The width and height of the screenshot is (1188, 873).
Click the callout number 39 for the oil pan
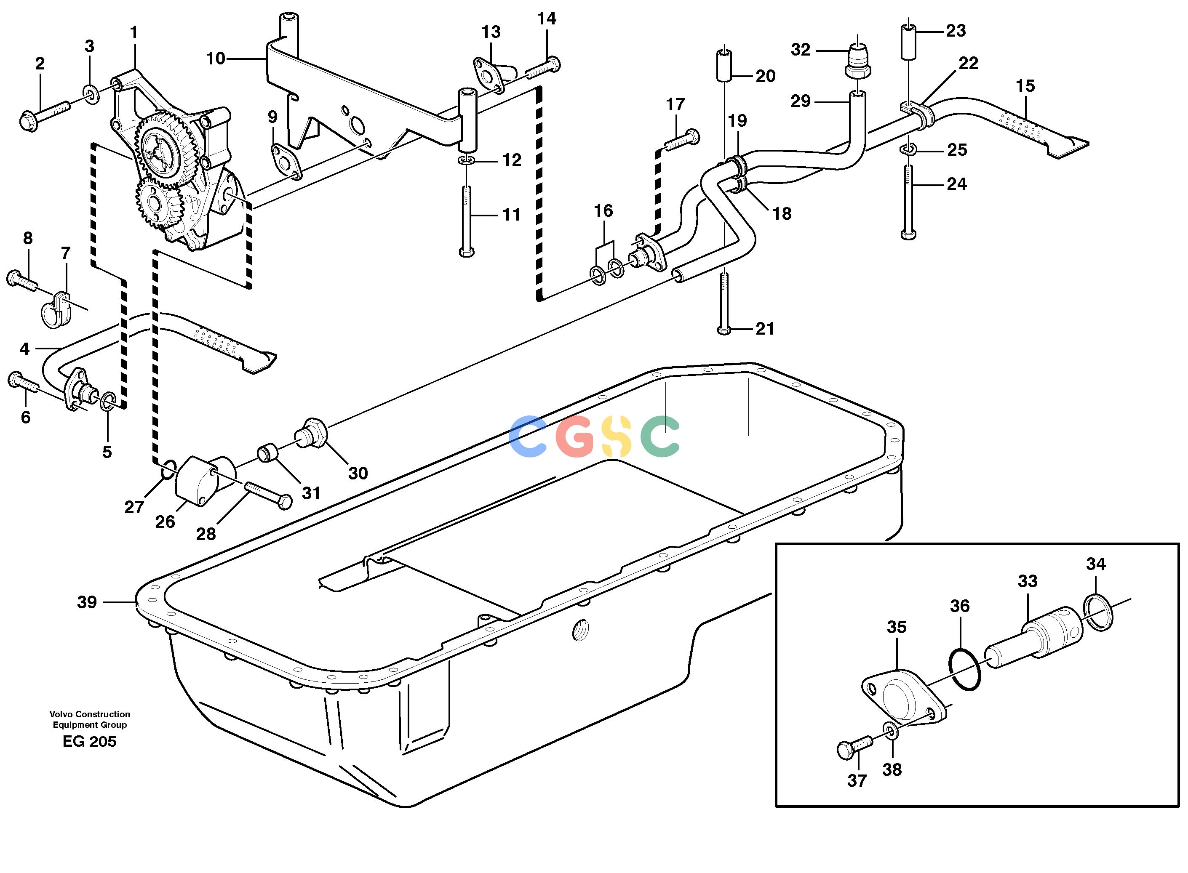click(x=87, y=602)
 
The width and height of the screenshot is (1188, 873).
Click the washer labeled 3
click(x=91, y=95)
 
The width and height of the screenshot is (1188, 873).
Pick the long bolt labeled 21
click(x=724, y=303)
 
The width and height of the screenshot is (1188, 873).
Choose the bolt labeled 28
click(x=268, y=495)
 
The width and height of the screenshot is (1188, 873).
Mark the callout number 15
click(x=1025, y=86)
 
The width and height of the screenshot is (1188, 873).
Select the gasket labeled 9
click(x=286, y=161)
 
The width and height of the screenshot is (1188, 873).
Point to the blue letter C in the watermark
click(x=528, y=436)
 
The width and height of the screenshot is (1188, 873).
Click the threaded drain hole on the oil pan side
click(x=580, y=630)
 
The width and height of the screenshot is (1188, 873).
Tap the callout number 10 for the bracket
click(x=216, y=59)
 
